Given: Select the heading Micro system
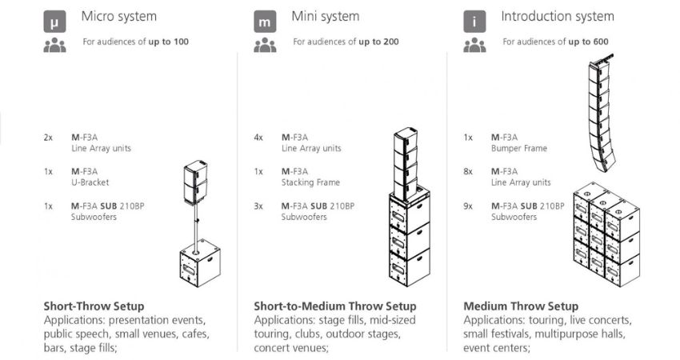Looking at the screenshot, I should click(x=118, y=16).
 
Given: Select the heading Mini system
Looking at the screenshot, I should click(x=325, y=16).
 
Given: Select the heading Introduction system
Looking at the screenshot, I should click(x=558, y=16).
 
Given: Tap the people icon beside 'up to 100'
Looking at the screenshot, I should click(x=54, y=45).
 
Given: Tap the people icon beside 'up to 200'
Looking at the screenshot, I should click(x=265, y=45).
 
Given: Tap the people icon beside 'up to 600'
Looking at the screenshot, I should click(x=475, y=45).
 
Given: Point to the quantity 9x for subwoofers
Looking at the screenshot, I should click(x=468, y=206).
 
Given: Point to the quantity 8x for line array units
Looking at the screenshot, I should click(x=468, y=171).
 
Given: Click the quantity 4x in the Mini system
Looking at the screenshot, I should click(x=258, y=137).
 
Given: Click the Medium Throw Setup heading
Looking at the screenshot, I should click(x=520, y=306).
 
